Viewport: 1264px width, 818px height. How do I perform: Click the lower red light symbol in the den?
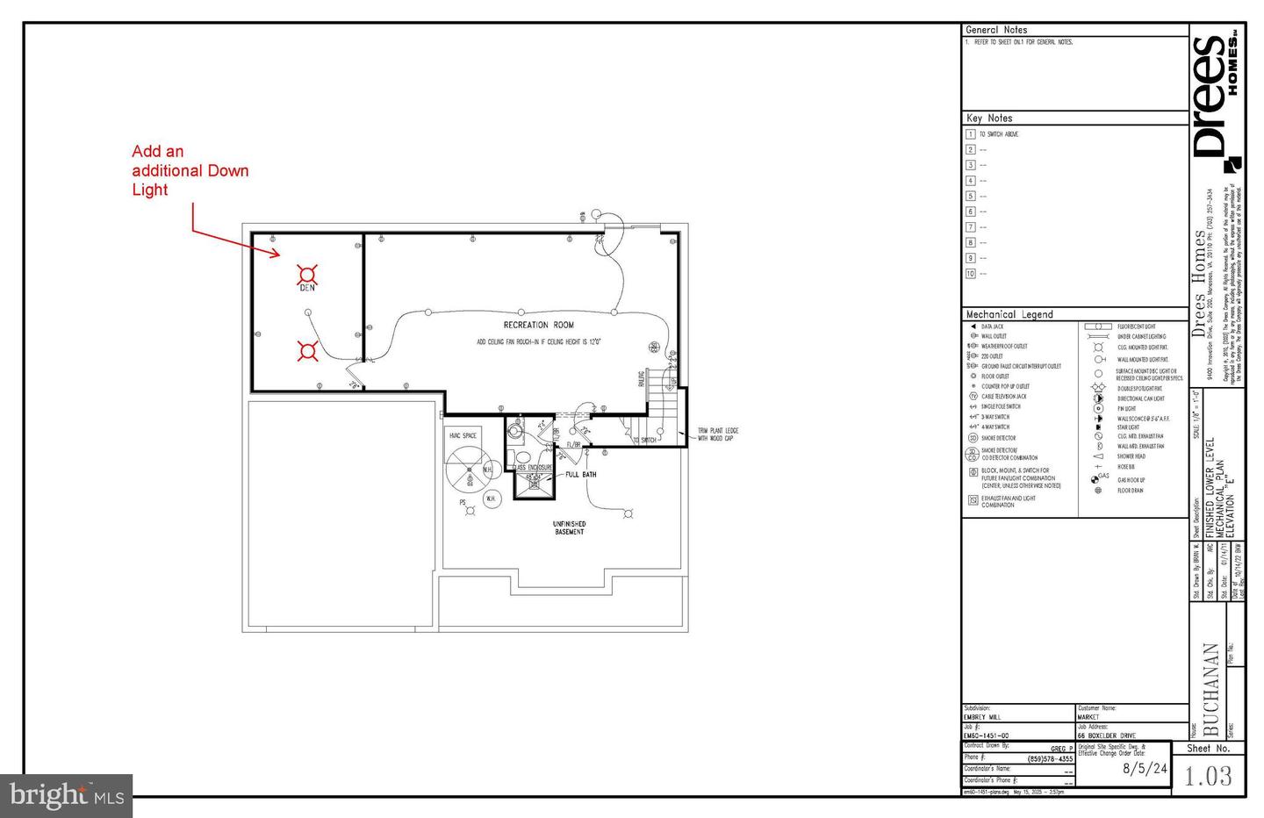306,351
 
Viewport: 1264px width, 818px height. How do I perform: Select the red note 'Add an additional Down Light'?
190,170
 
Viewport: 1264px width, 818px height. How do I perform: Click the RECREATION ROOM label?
538,325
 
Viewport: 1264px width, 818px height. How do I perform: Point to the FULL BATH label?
580,475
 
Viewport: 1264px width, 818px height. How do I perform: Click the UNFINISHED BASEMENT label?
569,527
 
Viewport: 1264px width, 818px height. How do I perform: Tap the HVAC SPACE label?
463,435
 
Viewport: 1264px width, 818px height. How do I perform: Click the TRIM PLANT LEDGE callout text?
717,434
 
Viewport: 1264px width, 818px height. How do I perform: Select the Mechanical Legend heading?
1009,314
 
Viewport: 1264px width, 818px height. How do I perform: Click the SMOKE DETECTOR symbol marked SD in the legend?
973,438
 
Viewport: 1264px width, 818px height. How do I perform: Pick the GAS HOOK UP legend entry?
1131,480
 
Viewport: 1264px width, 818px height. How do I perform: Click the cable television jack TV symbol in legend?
973,397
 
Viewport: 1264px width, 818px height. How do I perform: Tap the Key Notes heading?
988,118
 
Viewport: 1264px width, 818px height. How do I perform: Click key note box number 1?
970,134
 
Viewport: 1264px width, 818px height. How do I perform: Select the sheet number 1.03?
1208,776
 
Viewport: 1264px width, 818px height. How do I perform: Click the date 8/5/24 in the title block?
1145,768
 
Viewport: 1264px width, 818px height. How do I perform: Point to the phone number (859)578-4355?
1050,759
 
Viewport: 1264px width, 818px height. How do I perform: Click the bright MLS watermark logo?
66,796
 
